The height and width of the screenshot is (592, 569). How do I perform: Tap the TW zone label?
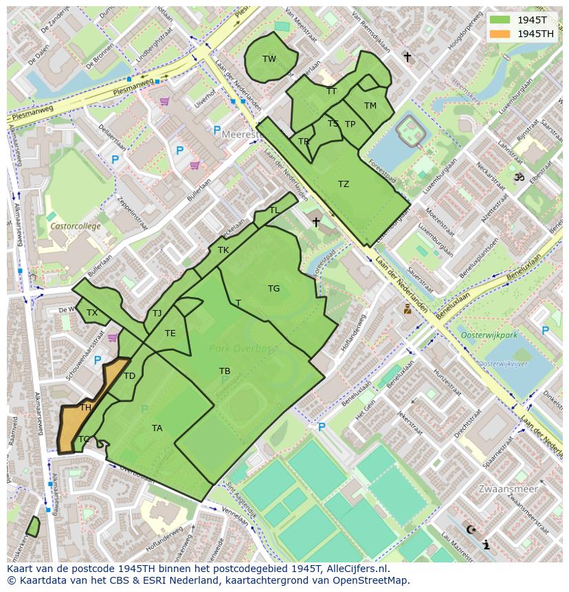pyautogui.click(x=269, y=59)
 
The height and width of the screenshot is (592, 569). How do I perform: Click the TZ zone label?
pyautogui.click(x=344, y=184)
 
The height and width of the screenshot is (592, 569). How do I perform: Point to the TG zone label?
pyautogui.click(x=274, y=289)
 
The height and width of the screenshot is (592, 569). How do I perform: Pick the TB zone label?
pyautogui.click(x=225, y=371)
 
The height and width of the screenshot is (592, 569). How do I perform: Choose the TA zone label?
pyautogui.click(x=157, y=428)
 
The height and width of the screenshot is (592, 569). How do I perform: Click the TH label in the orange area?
pyautogui.click(x=86, y=408)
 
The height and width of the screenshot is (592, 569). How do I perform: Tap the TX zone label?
pyautogui.click(x=92, y=313)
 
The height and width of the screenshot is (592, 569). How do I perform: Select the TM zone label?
pyautogui.click(x=370, y=106)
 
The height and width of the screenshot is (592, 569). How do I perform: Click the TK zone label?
pyautogui.click(x=223, y=250)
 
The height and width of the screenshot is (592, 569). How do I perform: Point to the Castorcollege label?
pyautogui.click(x=75, y=226)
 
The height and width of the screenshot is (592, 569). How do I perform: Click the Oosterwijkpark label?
pyautogui.click(x=489, y=335)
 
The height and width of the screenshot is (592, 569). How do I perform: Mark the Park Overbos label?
pyautogui.click(x=243, y=349)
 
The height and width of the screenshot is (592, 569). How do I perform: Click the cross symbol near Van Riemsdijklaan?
pyautogui.click(x=407, y=57)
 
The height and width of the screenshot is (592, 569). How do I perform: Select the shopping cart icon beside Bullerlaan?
pyautogui.click(x=195, y=165)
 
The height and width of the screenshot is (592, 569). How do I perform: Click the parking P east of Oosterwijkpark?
pyautogui.click(x=545, y=331)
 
